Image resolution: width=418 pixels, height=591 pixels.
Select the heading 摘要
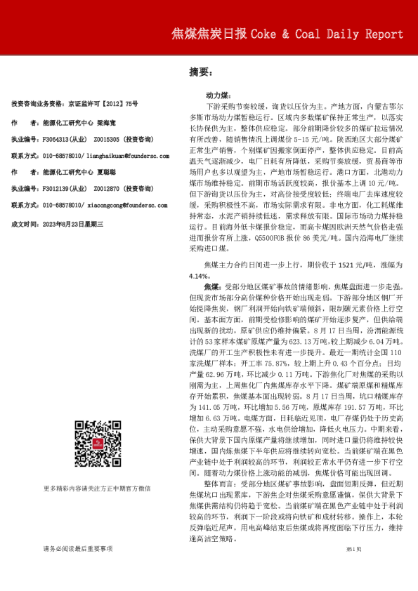click(x=200, y=71)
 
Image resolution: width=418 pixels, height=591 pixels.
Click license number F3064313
click(x=60, y=140)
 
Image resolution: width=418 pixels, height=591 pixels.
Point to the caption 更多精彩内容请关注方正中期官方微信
click(x=97, y=488)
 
